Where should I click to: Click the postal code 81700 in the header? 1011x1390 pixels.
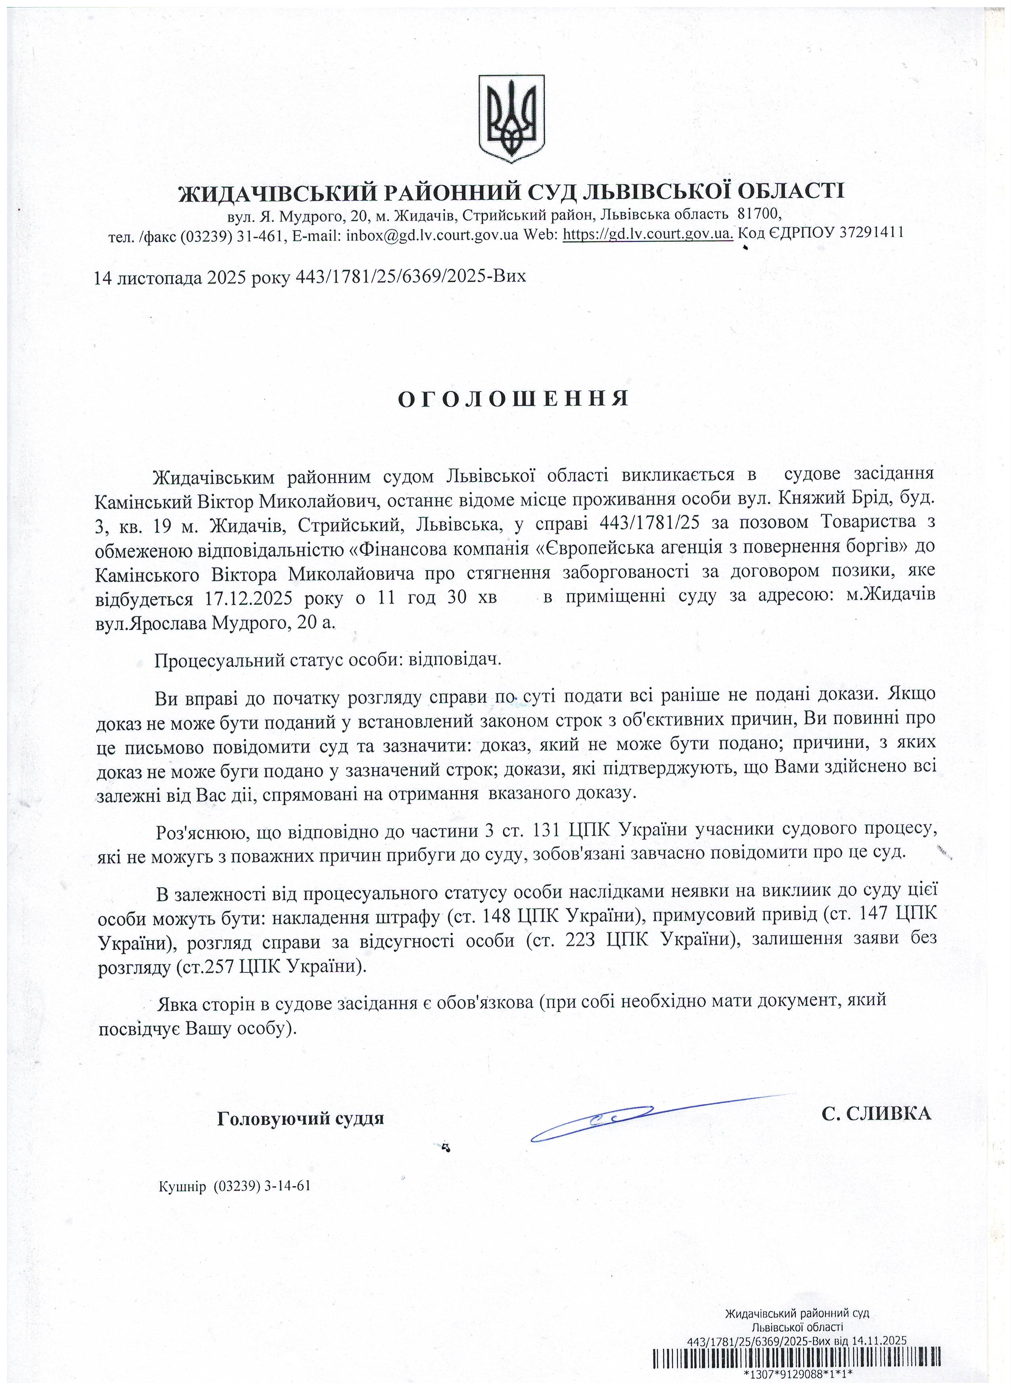click(759, 214)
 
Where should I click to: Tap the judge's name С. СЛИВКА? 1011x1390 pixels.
click(875, 1113)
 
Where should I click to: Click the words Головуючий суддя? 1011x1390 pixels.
click(301, 1119)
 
